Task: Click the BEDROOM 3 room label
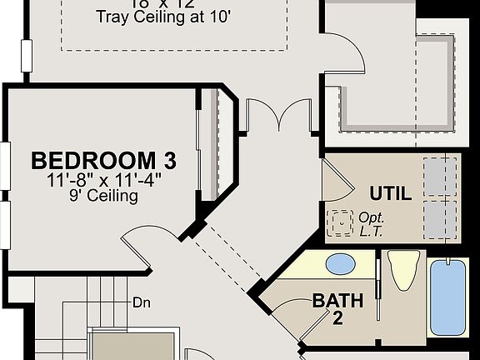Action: click(103, 160)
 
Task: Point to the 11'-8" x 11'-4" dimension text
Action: click(103, 179)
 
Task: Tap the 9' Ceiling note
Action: click(103, 197)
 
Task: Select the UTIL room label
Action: click(390, 194)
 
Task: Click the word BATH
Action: click(337, 300)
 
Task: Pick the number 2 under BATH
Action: click(337, 317)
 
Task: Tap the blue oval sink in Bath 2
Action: click(340, 264)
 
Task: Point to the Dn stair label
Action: click(141, 303)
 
